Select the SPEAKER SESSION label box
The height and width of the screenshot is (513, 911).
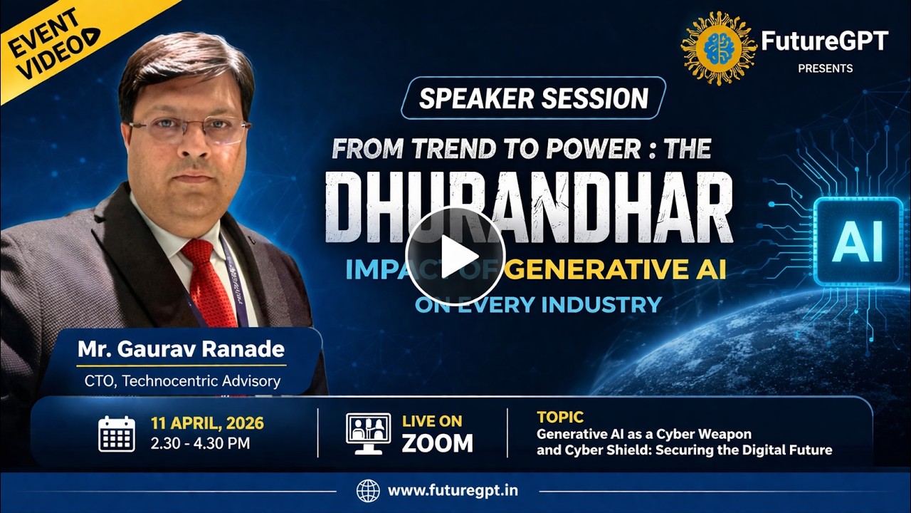pos(533,98)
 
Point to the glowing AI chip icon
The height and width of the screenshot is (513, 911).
pos(857,242)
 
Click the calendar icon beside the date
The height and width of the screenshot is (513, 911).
pos(116,433)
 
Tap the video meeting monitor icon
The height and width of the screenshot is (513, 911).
pos(368,433)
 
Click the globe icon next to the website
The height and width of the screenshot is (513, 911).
pos(368,491)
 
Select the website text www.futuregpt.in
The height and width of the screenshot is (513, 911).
pos(453,491)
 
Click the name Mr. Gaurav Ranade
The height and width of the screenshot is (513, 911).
pos(181,350)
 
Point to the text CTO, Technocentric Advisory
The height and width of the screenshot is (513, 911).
pos(182,380)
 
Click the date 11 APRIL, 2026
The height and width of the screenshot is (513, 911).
pos(207,423)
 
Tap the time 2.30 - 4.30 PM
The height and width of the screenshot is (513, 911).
pos(200,443)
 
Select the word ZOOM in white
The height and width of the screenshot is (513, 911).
pos(437,443)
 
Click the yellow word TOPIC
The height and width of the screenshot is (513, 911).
pos(560,418)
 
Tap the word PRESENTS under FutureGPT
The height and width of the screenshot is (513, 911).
pos(825,68)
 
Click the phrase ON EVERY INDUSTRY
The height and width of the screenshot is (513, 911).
pos(538,305)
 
